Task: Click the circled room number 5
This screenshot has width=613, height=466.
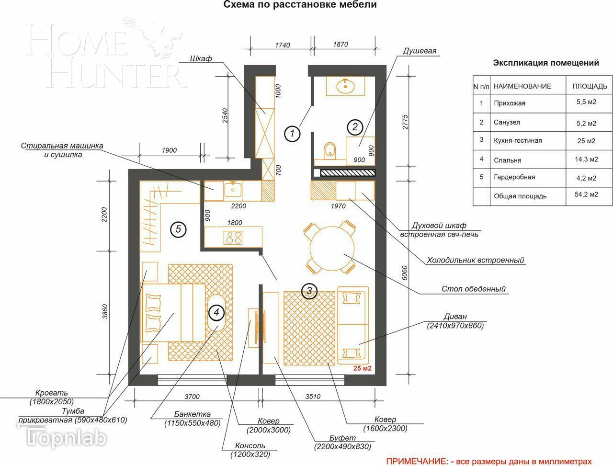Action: coord(178,229)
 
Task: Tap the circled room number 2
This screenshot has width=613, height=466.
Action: coord(355,127)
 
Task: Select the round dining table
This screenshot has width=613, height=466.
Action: coord(332,248)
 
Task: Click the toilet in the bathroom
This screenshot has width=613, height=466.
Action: coord(330,151)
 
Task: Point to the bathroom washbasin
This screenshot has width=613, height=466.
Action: coord(345,86)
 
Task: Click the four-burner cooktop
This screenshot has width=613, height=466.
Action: coord(233,238)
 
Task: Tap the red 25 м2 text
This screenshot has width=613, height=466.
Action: coord(362,368)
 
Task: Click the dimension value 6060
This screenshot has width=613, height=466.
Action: coord(405,273)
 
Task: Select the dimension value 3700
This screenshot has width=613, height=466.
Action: coord(192,397)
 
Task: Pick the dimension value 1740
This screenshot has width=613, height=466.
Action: coord(283,45)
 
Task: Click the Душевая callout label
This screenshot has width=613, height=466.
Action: coord(419,51)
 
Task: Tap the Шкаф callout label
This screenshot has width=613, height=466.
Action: coord(201,58)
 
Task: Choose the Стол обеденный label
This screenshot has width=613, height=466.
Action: coord(473,289)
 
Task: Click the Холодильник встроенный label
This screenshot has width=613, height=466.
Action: coord(476,260)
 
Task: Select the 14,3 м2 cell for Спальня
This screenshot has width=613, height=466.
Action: coord(586,159)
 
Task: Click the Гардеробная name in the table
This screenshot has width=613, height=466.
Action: coord(514,177)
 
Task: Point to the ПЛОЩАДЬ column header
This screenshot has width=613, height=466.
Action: coord(590,86)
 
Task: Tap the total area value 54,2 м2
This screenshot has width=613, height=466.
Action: coord(586,194)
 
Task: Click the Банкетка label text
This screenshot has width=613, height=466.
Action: coord(192,414)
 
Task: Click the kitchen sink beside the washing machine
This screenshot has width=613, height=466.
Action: coord(233,190)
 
